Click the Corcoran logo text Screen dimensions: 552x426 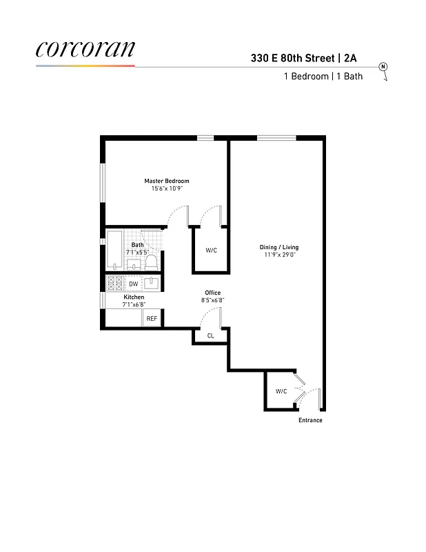tap(85, 48)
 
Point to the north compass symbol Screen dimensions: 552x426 tap(383, 67)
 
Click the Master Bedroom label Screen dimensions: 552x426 tap(166, 181)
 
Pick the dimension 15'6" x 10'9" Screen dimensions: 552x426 tap(166, 188)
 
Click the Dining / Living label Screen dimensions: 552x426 tap(278, 247)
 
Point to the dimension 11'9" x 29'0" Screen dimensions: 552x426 tap(278, 255)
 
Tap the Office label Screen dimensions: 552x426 tap(212, 293)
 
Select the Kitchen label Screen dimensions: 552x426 tap(134, 297)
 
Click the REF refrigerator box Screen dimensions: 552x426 tap(152, 319)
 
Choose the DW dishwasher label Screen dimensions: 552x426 tap(133, 284)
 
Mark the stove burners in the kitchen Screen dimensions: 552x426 tap(114, 283)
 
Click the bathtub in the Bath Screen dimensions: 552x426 tap(114, 250)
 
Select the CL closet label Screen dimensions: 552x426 tap(211, 336)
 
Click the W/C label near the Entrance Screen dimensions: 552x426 tap(281, 391)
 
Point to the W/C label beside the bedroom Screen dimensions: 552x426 tap(211, 250)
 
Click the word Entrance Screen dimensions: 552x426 tap(310, 420)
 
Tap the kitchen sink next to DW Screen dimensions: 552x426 tap(152, 283)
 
